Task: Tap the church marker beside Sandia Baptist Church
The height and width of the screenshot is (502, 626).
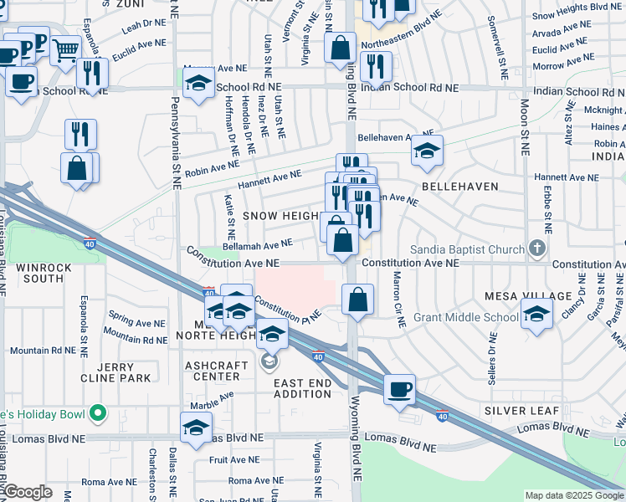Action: click(x=537, y=248)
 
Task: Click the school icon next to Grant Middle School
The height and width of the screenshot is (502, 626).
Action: click(x=536, y=315)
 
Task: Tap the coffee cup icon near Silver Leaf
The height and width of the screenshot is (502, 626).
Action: click(x=400, y=389)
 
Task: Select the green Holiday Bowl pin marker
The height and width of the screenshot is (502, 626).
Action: click(x=98, y=412)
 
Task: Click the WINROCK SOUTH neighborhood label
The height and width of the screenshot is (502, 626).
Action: click(x=36, y=273)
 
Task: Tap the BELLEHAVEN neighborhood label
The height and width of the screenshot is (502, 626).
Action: click(x=459, y=187)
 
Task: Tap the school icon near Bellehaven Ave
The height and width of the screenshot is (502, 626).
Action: click(x=427, y=151)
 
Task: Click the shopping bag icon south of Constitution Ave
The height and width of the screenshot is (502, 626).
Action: click(x=357, y=300)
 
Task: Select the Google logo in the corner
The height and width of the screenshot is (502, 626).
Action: click(x=27, y=492)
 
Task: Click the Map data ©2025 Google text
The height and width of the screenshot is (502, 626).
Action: click(x=573, y=495)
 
